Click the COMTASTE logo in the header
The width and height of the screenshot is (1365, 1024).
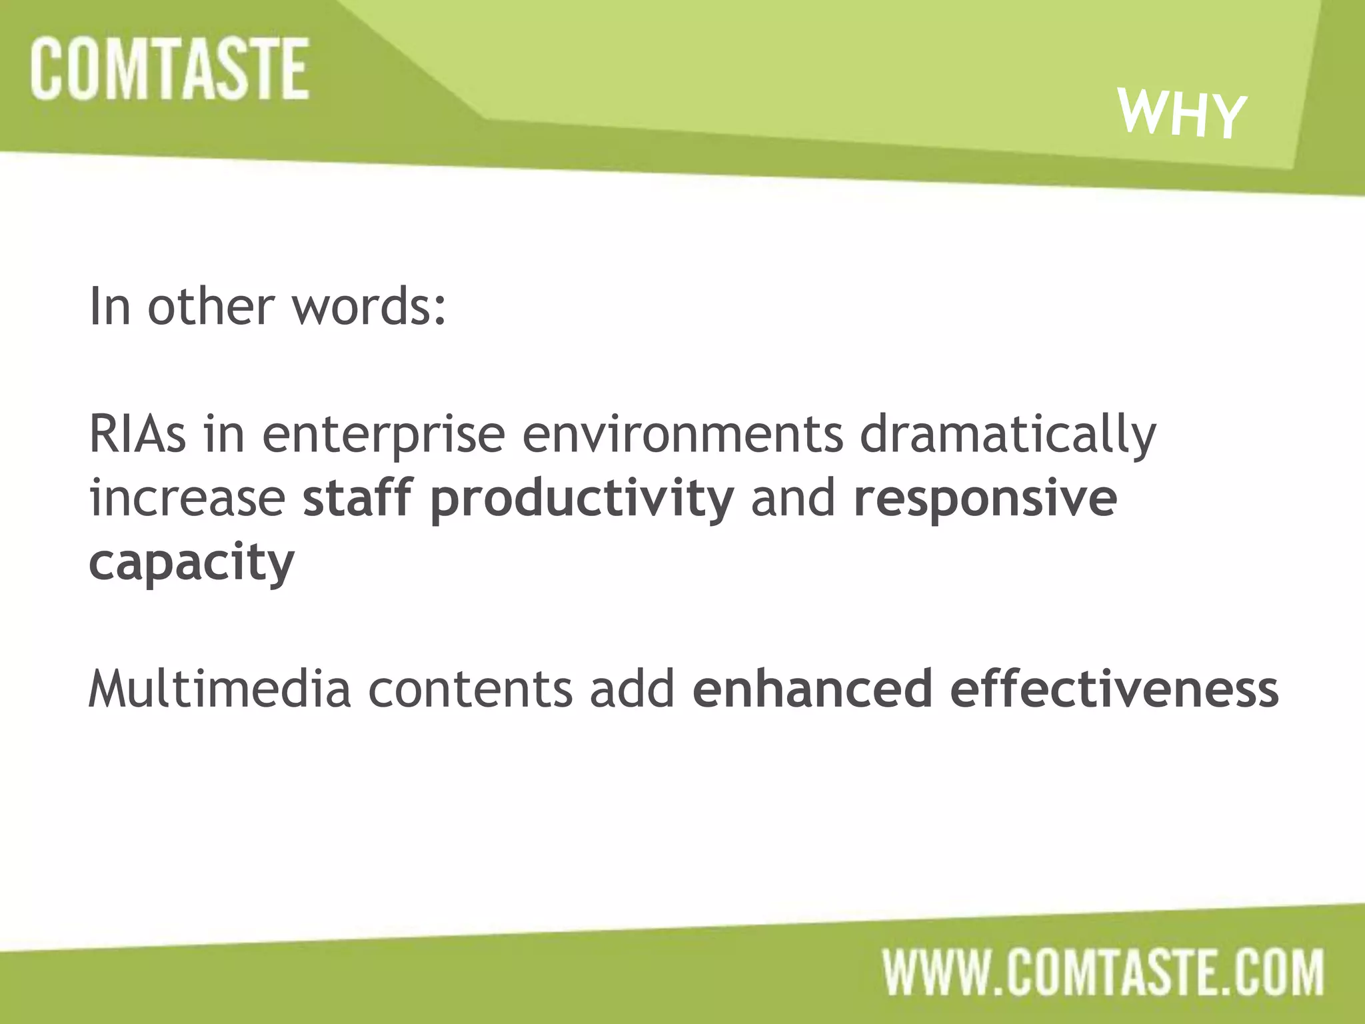169,69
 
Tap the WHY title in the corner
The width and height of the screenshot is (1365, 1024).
1182,114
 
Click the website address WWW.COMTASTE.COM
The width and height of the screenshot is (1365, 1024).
1103,973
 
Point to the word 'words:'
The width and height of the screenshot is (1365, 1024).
369,307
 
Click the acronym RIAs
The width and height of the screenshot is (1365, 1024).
137,435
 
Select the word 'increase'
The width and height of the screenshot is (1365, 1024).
187,499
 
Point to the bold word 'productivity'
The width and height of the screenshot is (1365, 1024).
582,500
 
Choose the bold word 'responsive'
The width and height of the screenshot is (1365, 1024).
985,500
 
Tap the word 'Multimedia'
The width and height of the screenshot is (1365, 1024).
219,689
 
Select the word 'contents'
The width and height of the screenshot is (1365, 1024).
470,691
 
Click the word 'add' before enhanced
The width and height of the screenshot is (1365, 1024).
632,689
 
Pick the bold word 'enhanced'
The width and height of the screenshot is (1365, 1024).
812,689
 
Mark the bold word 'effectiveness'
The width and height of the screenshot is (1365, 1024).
1114,689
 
